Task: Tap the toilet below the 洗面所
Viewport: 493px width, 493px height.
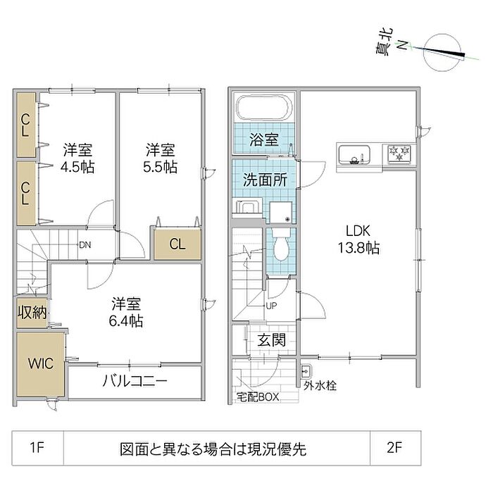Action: click(281, 247)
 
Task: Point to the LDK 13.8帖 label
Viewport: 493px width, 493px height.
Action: click(362, 239)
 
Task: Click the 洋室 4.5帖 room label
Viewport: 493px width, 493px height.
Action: click(77, 158)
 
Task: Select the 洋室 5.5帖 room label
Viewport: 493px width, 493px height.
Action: click(161, 158)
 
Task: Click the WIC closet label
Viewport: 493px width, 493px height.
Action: click(39, 363)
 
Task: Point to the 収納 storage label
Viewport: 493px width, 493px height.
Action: click(32, 312)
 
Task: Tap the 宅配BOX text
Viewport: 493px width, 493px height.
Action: click(258, 397)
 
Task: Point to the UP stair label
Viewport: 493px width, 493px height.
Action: click(271, 306)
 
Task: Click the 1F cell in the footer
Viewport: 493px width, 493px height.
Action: click(37, 447)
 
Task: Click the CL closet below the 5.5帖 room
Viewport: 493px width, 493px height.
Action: click(177, 244)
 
